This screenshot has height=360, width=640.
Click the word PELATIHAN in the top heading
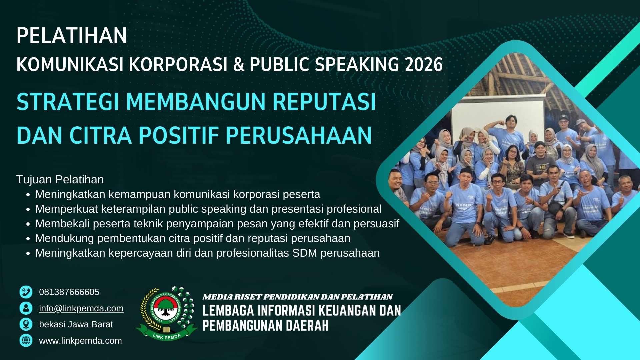pyautogui.click(x=72, y=35)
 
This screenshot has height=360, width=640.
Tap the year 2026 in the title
pyautogui.click(x=424, y=64)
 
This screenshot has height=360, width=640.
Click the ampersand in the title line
pyautogui.click(x=239, y=64)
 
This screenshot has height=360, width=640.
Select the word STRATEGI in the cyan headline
pyautogui.click(x=68, y=102)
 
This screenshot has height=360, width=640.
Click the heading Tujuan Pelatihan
pyautogui.click(x=60, y=179)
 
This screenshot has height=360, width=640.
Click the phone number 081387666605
pyautogui.click(x=69, y=292)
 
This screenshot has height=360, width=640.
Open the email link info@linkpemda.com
pyautogui.click(x=81, y=308)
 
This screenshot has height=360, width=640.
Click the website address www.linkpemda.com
pyautogui.click(x=80, y=341)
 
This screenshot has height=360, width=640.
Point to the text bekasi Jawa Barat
pyautogui.click(x=76, y=324)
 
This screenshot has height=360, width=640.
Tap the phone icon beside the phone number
pyautogui.click(x=26, y=292)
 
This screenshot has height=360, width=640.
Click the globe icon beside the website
pyautogui.click(x=26, y=341)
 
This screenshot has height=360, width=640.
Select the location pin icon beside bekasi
pyautogui.click(x=26, y=324)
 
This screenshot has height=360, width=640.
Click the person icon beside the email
pyautogui.click(x=26, y=308)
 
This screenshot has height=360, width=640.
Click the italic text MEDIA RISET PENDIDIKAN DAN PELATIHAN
pyautogui.click(x=298, y=297)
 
